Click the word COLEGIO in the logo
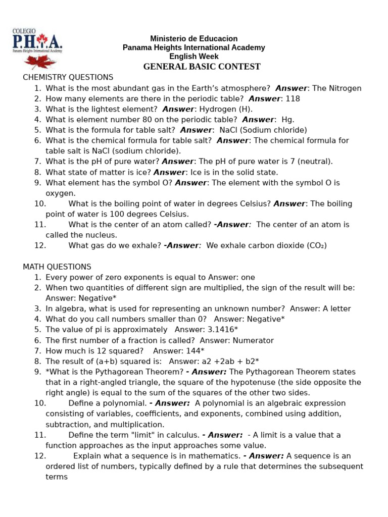point(22,31)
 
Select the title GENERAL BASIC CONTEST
point(202,67)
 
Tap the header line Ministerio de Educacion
point(194,39)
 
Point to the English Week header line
point(193,57)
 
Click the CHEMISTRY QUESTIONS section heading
point(68,77)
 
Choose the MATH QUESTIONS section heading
point(57,267)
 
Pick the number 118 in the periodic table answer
point(293,98)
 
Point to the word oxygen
point(60,193)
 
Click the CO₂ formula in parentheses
point(316,245)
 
